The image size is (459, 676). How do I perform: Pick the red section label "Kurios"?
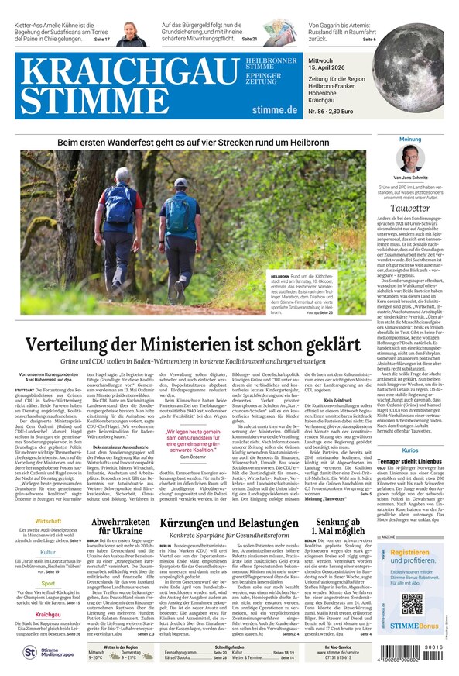[x=410, y=450]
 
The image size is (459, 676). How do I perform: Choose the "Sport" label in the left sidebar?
[x=48, y=583]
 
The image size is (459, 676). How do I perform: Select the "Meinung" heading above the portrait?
[x=410, y=140]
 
